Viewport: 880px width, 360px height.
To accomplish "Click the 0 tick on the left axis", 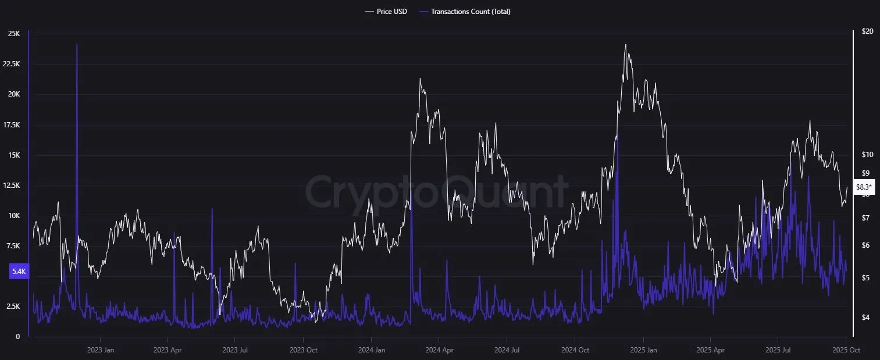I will click(17, 337).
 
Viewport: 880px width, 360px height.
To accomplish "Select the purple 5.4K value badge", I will click(19, 272).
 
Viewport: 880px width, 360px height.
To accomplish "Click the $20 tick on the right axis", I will click(868, 31).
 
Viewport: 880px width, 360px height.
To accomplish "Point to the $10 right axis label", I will click(868, 155).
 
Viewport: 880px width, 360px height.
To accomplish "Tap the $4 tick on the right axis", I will click(865, 318).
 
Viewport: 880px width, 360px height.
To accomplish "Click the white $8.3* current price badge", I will click(864, 187).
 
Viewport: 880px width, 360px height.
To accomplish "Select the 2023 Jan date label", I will click(101, 350).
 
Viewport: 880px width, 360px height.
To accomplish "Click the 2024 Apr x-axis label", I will click(440, 350).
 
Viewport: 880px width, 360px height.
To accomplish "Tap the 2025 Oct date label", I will click(846, 350).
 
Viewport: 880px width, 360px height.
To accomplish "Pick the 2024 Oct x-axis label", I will click(575, 350).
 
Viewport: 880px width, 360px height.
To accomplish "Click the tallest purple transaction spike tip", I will click(77, 44).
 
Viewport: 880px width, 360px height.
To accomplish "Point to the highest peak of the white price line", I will click(626, 45).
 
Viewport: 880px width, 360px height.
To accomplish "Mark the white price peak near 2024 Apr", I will click(420, 79).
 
